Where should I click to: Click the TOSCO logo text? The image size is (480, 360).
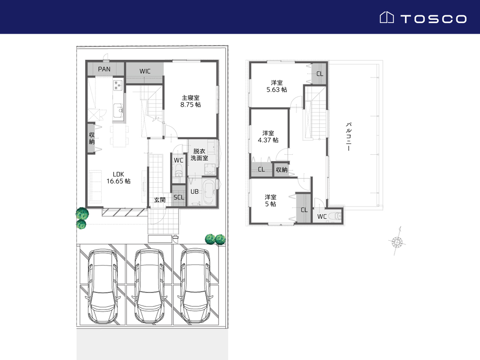434,19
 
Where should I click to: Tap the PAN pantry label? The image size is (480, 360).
104,69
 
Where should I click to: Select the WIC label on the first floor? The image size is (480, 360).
145,72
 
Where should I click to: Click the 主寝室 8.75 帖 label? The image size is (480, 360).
190,101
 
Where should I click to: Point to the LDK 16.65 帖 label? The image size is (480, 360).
118,178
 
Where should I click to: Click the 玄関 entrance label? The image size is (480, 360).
160,200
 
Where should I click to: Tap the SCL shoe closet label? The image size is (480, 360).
179,198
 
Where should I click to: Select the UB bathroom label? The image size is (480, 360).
194,192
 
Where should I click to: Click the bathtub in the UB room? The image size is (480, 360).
208,192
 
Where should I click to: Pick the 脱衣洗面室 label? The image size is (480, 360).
199,155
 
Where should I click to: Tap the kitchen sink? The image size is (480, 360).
118,110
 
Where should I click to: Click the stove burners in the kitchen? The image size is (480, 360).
118,85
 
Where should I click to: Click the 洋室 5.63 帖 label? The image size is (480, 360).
277,86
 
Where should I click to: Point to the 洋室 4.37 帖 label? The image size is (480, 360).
268,136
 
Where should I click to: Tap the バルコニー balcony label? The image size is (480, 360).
348,136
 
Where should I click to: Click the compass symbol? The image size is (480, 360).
397,242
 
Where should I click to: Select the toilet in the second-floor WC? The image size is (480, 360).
336,216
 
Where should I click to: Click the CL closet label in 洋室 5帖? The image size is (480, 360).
304,210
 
